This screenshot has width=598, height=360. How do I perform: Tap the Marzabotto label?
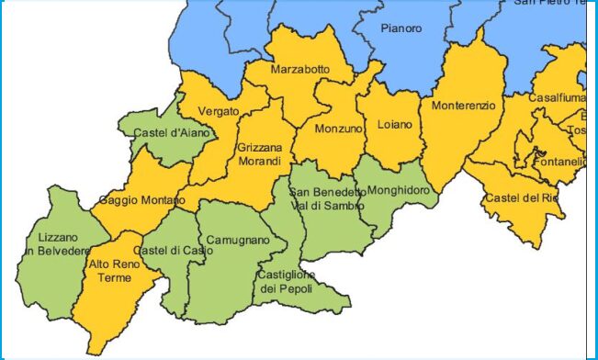click(x=300, y=70)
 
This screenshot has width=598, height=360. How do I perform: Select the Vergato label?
click(x=220, y=111)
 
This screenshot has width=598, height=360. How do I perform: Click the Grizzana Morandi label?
click(x=259, y=154)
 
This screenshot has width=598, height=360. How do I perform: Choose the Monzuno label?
click(x=333, y=130)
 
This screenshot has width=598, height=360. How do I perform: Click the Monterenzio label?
click(x=463, y=106)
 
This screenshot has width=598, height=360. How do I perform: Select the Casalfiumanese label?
click(x=557, y=98)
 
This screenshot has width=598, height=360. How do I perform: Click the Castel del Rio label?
click(x=521, y=198)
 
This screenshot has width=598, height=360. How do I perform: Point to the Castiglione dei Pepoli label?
click(x=286, y=282)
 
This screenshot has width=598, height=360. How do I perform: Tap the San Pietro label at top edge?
click(x=548, y=4)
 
